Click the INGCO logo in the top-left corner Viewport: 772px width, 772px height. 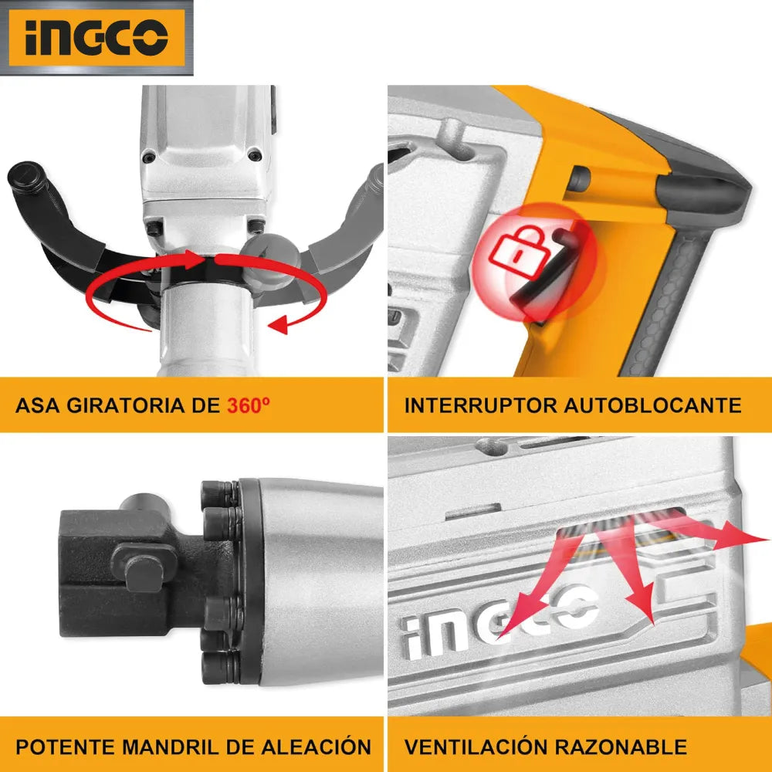[x=96, y=38]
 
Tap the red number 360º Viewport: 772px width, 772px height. [x=248, y=405]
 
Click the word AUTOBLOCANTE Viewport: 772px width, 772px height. [x=653, y=405]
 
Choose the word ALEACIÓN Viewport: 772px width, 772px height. [x=316, y=746]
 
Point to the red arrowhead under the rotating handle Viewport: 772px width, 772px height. [x=279, y=324]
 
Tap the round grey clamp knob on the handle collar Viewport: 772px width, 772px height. [x=269, y=260]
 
